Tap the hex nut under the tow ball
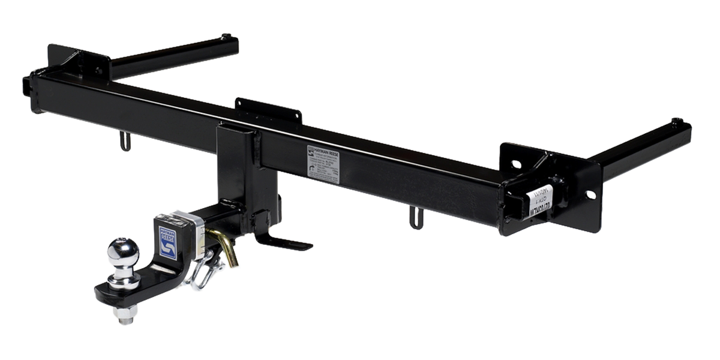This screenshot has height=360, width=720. [125, 313]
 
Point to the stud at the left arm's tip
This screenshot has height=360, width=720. [226, 37]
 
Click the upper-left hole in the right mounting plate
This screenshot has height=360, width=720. [515, 163]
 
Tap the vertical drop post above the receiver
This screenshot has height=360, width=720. [238, 162]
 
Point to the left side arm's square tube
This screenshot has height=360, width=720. [174, 56]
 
